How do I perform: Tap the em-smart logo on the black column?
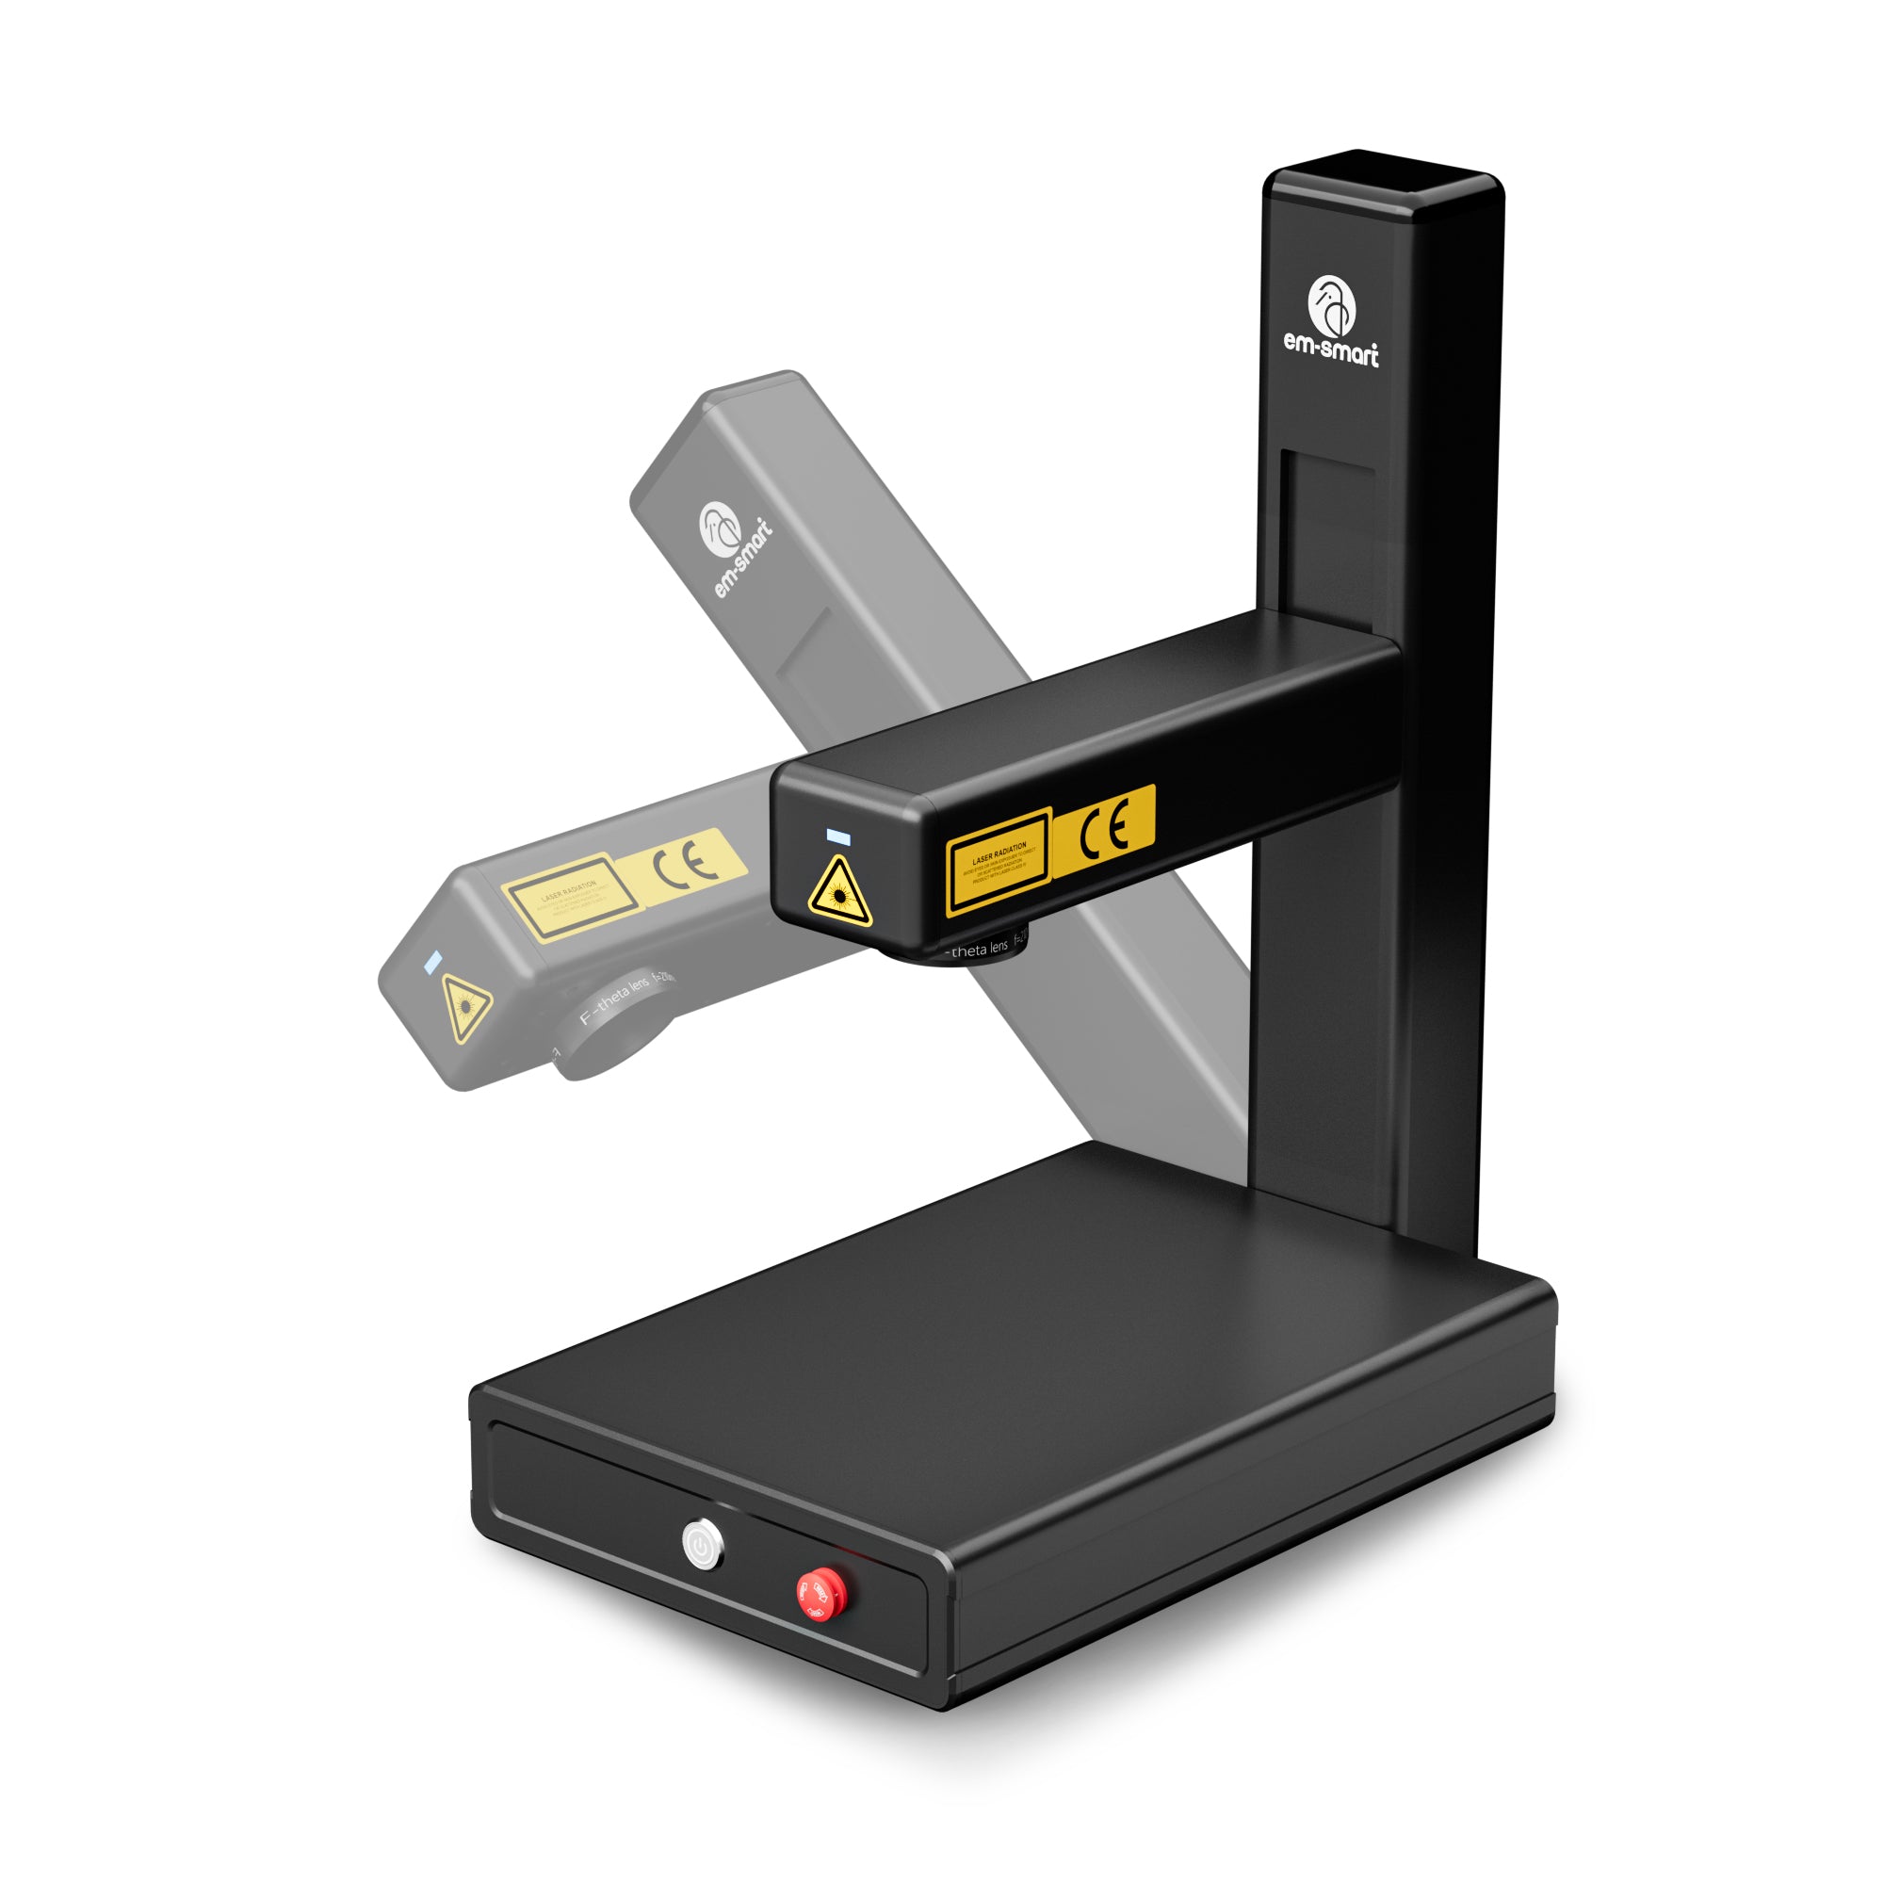click(1331, 321)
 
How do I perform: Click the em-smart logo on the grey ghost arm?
click(733, 547)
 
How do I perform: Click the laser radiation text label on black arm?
click(998, 861)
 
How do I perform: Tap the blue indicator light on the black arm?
click(837, 836)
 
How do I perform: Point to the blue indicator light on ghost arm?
click(432, 964)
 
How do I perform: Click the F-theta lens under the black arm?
click(975, 950)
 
